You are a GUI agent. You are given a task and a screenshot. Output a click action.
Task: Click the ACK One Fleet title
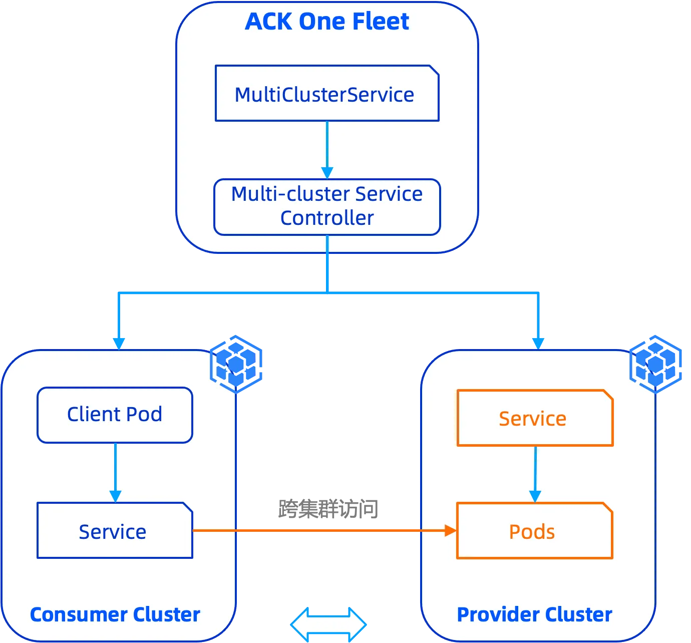tap(327, 22)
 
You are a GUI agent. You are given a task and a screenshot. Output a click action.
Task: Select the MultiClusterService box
tap(327, 94)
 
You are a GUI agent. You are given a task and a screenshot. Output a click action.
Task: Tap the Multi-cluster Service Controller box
tap(327, 206)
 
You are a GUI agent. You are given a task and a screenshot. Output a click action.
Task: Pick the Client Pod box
tap(115, 415)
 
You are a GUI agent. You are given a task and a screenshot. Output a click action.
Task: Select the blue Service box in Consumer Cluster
tap(115, 531)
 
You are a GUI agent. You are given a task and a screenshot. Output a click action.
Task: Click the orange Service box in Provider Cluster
tap(535, 418)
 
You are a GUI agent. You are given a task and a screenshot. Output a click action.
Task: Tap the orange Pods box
tap(534, 531)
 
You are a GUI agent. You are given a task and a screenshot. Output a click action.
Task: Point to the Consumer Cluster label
tap(115, 614)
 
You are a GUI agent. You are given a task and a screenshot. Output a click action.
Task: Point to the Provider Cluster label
tap(534, 614)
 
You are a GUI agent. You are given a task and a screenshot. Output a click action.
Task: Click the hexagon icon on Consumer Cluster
tap(236, 363)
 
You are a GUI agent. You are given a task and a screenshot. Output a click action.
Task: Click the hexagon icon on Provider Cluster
tap(656, 363)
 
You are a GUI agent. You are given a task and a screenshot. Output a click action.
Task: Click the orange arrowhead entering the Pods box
tap(450, 530)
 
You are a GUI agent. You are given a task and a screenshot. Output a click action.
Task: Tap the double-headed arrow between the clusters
tap(328, 624)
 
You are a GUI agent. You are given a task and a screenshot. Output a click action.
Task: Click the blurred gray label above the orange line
tap(328, 509)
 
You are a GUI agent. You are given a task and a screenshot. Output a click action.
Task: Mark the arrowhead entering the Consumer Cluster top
tap(118, 343)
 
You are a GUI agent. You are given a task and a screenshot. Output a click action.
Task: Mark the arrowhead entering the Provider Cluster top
tap(538, 343)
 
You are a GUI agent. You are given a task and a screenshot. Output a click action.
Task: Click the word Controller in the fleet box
tap(327, 218)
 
